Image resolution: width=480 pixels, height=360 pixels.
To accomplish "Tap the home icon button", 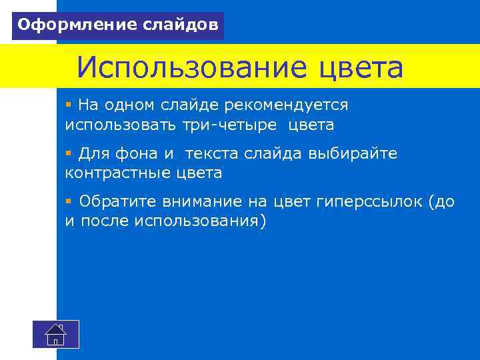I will coord(56,333).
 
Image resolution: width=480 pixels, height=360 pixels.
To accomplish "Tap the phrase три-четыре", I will coord(231,125).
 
